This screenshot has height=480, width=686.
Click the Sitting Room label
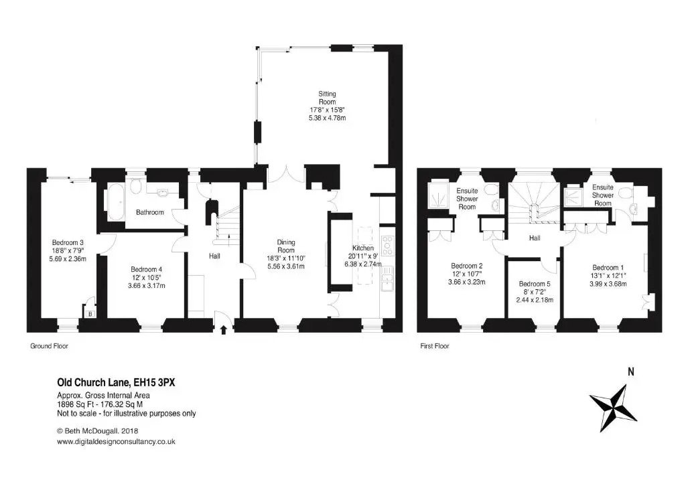[x=327, y=98]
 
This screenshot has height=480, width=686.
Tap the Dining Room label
[x=285, y=246]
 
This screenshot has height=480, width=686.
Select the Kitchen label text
[x=363, y=248]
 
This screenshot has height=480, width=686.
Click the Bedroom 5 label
[x=535, y=284]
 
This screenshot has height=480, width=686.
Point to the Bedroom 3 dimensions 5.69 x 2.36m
[x=68, y=258]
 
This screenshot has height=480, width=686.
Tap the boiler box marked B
[x=90, y=313]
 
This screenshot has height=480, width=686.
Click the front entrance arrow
[x=224, y=329]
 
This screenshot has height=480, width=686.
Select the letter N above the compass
[x=631, y=372]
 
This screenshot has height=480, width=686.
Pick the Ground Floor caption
[x=49, y=346]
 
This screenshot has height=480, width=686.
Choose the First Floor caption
[x=435, y=346]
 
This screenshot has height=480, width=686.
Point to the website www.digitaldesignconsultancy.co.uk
[x=117, y=442]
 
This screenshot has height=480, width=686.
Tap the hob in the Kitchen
[x=388, y=246]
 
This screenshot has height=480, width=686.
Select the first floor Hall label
[x=535, y=238]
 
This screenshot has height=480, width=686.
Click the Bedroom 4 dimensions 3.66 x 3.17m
[x=147, y=285]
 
